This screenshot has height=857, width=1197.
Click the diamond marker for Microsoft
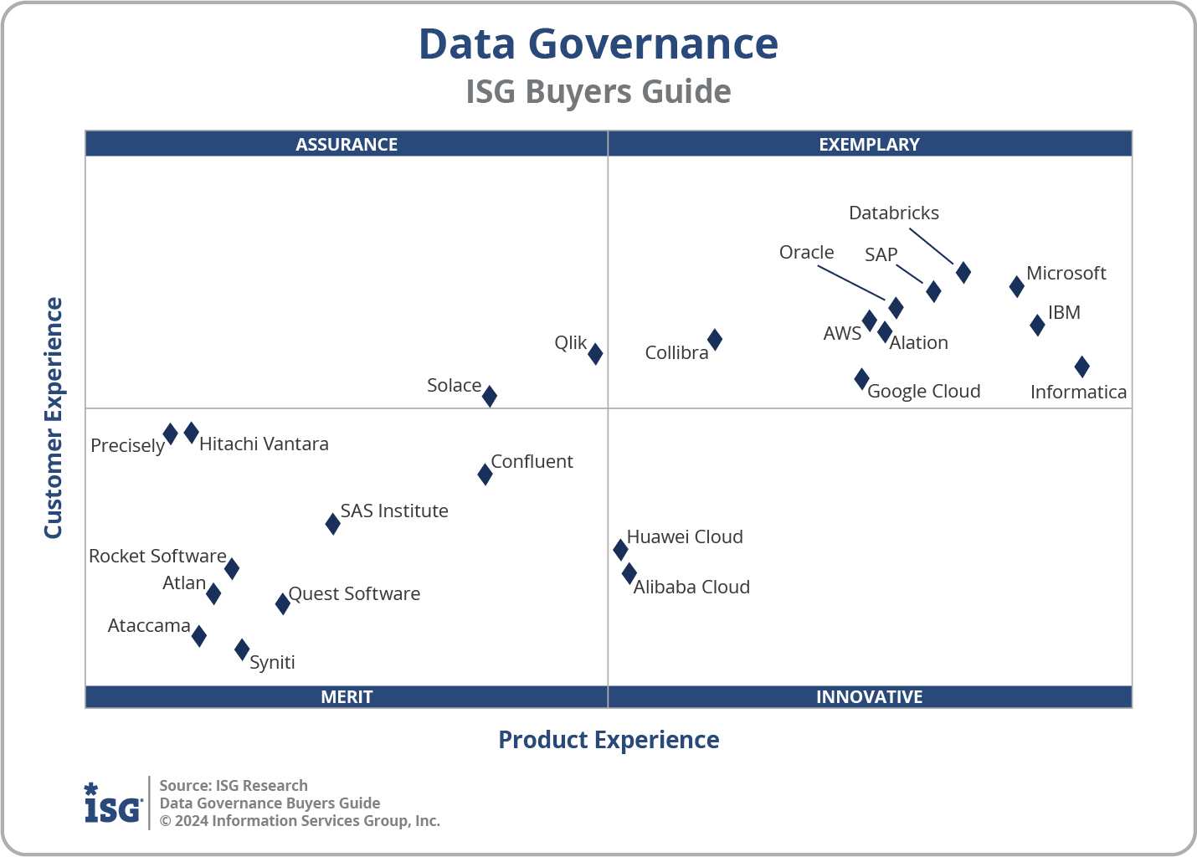pos(1016,286)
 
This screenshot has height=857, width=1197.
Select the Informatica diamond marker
pos(1081,366)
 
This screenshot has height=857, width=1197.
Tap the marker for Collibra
pos(715,339)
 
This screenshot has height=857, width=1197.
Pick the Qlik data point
pos(595,353)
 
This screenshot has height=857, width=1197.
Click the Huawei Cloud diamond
pos(620,549)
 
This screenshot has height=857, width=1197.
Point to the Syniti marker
pos(242,649)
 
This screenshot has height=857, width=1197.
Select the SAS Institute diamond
pos(332,524)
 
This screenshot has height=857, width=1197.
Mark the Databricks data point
pos(963,272)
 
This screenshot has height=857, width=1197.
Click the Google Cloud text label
pos(923,391)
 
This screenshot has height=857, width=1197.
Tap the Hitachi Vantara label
pos(264,444)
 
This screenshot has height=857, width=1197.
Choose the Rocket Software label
pos(157,556)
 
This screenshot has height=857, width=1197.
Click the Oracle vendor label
pos(806,252)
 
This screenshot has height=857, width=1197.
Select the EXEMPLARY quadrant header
pos(869,144)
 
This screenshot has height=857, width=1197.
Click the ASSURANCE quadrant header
pos(347,144)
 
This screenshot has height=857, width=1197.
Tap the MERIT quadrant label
pos(347,696)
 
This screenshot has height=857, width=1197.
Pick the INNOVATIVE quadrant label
pos(869,696)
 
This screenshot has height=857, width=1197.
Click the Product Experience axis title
pos(609,740)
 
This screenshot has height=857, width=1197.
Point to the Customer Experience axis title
pos(54,418)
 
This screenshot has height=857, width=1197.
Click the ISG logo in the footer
pos(113,803)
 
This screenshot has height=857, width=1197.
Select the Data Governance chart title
pos(598,44)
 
